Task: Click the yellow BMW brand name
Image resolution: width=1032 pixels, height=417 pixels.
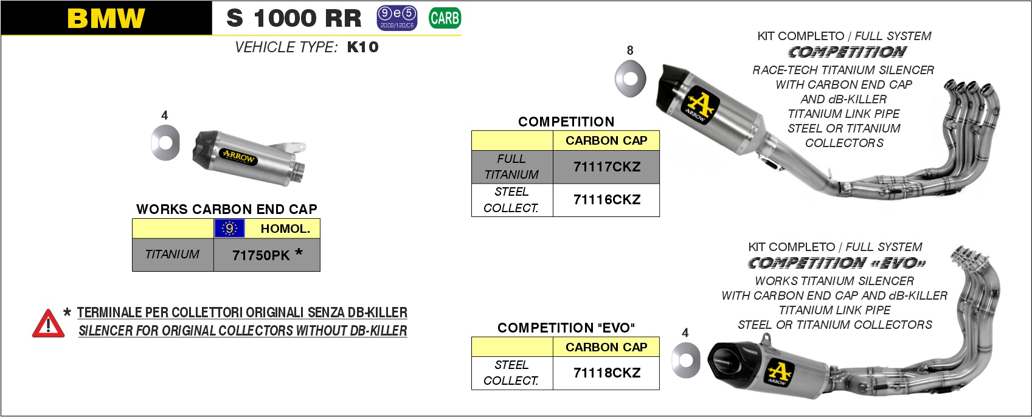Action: pos(106,19)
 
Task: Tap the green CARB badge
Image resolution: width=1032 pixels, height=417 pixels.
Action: pos(445,18)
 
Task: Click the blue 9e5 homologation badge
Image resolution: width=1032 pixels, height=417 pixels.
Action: pos(397,18)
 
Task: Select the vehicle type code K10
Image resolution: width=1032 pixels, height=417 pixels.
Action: pos(363,47)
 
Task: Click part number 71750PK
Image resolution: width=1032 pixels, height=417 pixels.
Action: pos(261,255)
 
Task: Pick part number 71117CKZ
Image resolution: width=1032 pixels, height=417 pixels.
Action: pos(606,167)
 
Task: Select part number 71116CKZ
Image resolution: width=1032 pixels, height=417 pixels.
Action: pos(606,200)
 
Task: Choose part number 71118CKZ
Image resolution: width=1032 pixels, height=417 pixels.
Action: pos(606,373)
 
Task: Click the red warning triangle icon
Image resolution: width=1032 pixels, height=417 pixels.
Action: pos(48,324)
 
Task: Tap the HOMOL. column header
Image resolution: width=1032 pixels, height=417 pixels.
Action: pos(285,229)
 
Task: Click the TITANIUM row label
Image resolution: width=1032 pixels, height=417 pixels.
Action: pos(172,255)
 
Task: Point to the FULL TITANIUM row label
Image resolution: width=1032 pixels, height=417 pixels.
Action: pos(511,167)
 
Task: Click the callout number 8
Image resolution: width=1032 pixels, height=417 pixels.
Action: pos(630,50)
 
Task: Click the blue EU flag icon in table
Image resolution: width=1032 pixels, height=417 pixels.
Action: pos(229,229)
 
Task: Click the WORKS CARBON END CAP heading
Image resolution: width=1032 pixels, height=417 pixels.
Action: pos(226,209)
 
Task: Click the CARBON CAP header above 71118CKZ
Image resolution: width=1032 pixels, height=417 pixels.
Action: pos(606,347)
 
